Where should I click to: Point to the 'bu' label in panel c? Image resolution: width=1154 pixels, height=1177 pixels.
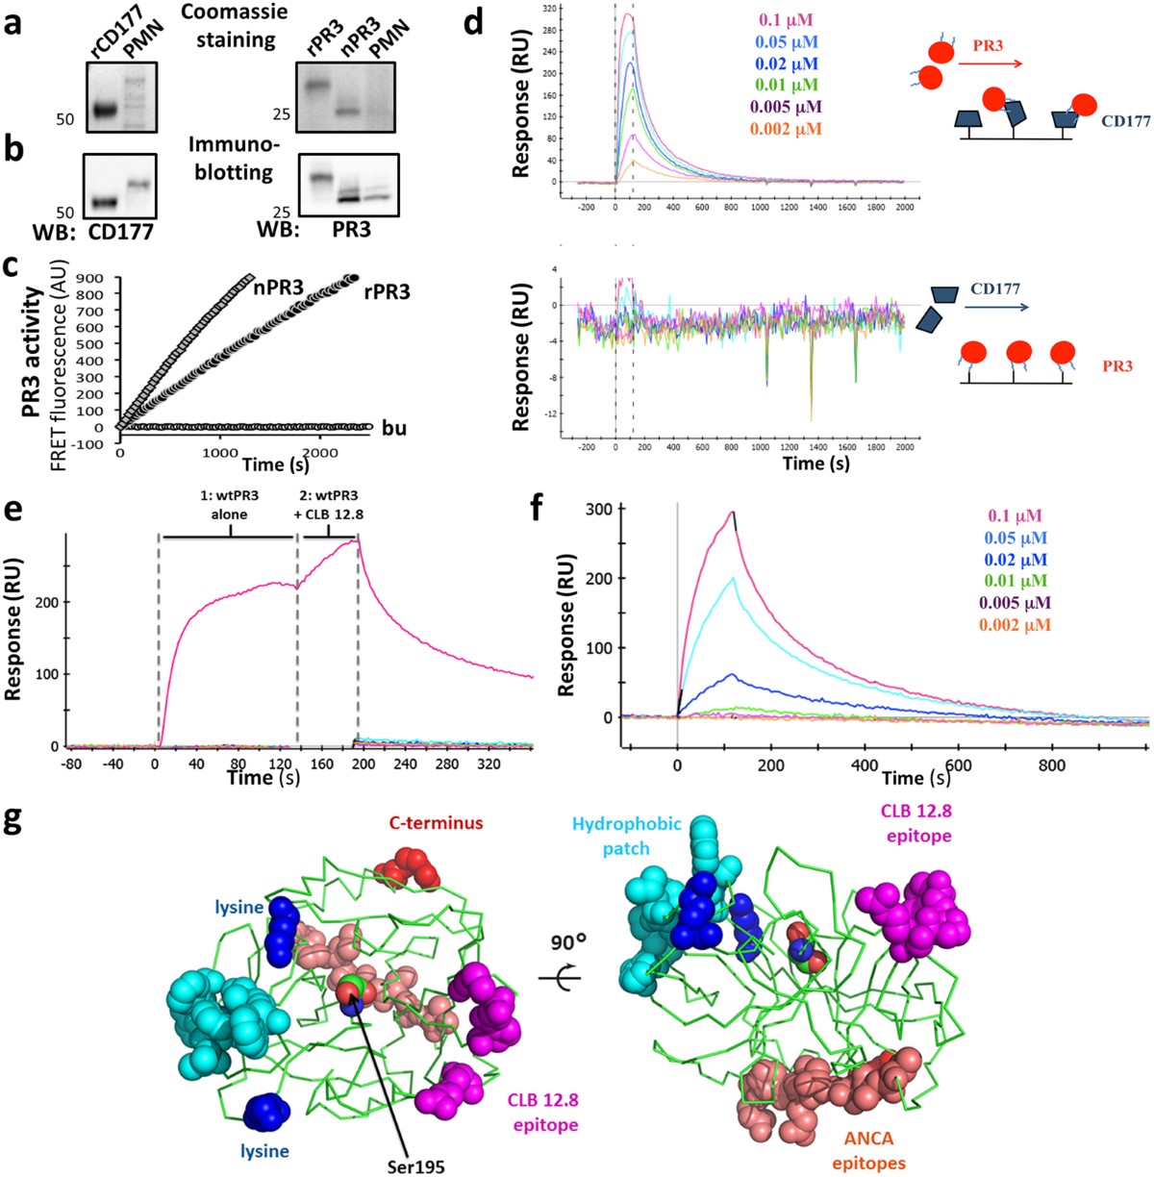click(394, 428)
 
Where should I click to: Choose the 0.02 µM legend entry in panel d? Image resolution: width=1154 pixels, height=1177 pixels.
click(785, 64)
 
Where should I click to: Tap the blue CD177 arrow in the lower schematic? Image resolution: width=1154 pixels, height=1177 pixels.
click(997, 308)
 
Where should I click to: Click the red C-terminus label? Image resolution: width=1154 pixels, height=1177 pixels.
click(436, 823)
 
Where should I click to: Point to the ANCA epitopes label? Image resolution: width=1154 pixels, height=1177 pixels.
click(869, 1150)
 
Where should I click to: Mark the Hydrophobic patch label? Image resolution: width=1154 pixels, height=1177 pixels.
click(627, 836)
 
